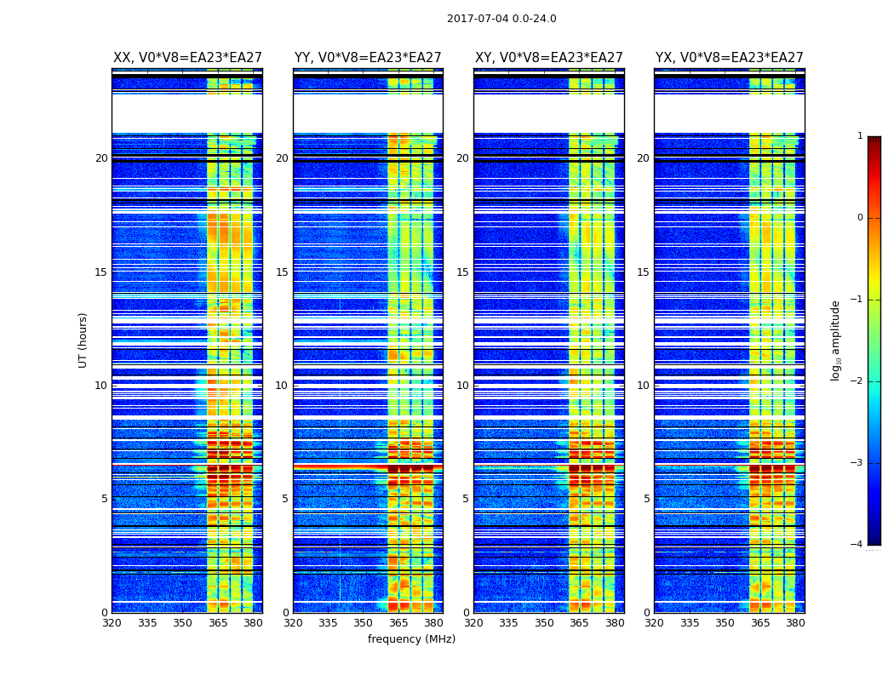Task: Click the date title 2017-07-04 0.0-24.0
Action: click(x=501, y=19)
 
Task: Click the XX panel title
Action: click(x=187, y=58)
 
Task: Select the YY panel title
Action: click(x=368, y=58)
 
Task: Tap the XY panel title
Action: click(x=549, y=58)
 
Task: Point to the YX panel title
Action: click(x=730, y=58)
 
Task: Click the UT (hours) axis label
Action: click(x=83, y=340)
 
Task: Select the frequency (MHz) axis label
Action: click(x=411, y=639)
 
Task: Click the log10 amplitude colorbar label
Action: click(x=836, y=340)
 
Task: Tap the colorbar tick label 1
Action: click(x=860, y=136)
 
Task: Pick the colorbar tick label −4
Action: click(x=857, y=545)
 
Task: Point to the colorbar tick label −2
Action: click(x=857, y=381)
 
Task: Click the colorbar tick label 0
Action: click(x=860, y=218)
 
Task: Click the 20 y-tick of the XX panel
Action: click(x=101, y=158)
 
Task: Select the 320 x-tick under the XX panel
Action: click(x=112, y=623)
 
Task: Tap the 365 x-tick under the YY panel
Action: click(x=398, y=623)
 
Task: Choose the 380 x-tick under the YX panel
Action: click(x=795, y=623)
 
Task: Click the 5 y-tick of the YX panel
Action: click(x=646, y=499)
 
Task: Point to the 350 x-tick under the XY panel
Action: click(x=544, y=623)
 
